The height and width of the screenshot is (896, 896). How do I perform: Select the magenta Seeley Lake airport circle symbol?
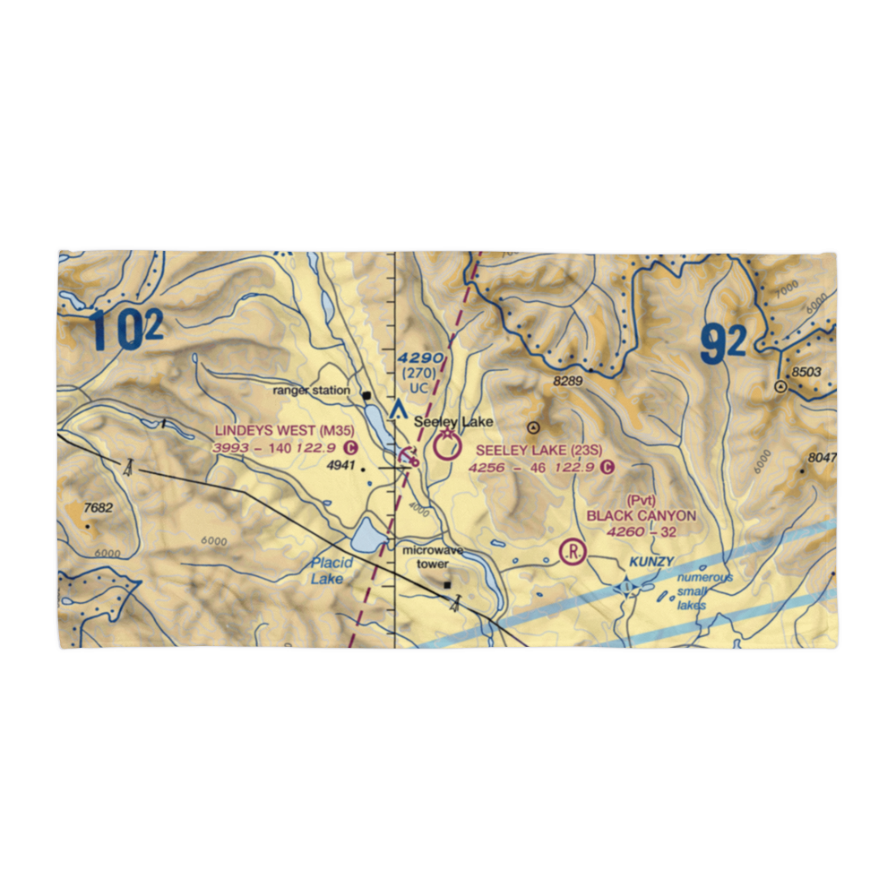click(446, 444)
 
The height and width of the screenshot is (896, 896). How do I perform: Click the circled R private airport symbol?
click(571, 551)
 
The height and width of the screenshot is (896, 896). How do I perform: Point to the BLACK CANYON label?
click(641, 516)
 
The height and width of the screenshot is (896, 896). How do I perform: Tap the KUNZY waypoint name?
click(649, 561)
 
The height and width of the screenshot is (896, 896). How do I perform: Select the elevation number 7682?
click(99, 508)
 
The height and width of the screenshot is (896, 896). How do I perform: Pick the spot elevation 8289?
click(567, 382)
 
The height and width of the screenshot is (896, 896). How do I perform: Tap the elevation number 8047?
click(822, 457)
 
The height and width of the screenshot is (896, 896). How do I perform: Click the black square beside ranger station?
click(366, 394)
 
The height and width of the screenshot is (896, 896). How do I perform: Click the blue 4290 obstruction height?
click(420, 358)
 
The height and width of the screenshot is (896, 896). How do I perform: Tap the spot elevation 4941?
click(340, 466)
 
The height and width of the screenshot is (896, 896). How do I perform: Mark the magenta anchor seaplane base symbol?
click(409, 456)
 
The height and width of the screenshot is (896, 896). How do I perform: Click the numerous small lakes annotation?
click(703, 591)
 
